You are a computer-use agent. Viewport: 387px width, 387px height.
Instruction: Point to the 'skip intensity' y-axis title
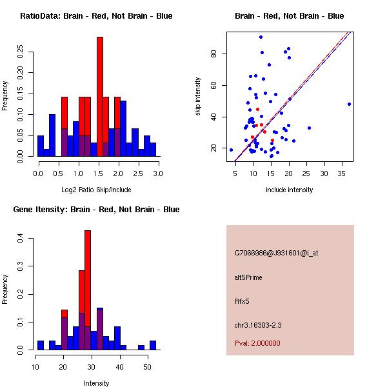(x=198, y=97)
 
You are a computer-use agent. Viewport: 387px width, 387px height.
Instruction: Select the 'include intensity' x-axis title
(x=289, y=190)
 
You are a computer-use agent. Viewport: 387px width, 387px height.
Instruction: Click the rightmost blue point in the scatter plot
(x=349, y=104)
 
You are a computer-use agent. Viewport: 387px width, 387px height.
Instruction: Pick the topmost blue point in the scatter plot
(x=261, y=37)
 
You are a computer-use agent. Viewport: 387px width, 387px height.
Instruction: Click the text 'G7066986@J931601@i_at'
(x=276, y=253)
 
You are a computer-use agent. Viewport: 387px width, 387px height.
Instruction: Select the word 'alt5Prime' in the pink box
(x=248, y=277)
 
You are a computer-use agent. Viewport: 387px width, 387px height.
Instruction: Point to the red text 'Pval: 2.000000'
(x=257, y=343)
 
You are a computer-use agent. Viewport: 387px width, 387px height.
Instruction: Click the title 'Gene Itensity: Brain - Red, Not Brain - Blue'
(x=96, y=210)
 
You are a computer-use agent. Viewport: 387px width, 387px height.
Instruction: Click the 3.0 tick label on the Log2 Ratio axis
(x=159, y=174)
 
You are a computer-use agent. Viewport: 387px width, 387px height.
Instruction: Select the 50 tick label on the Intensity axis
(x=147, y=368)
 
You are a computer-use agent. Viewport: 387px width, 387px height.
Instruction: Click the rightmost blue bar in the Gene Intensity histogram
(x=153, y=345)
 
